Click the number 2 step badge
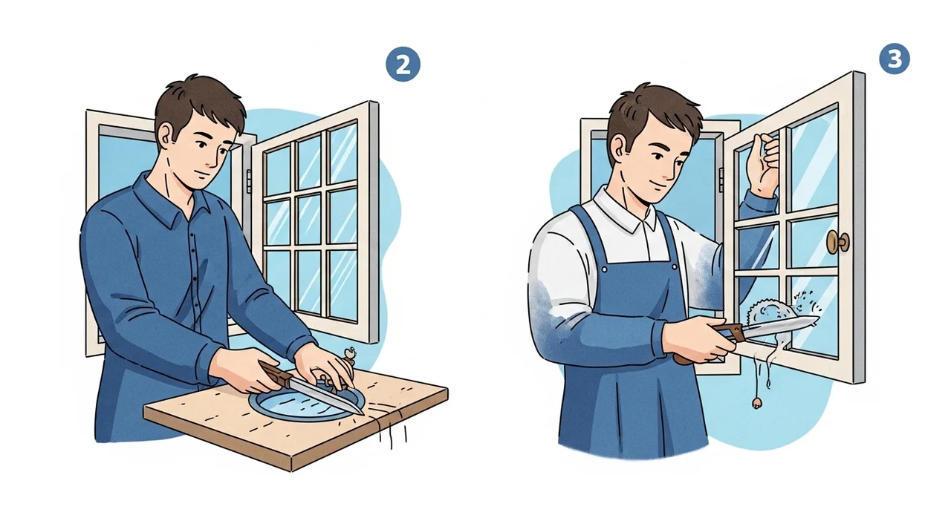point(403,65)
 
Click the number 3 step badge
point(895,59)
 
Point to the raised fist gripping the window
point(764,163)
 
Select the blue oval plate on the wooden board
point(307,403)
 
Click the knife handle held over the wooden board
point(276,373)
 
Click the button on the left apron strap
point(604,269)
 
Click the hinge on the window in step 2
point(249,180)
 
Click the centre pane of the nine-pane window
point(309,218)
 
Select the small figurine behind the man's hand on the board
point(349,356)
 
